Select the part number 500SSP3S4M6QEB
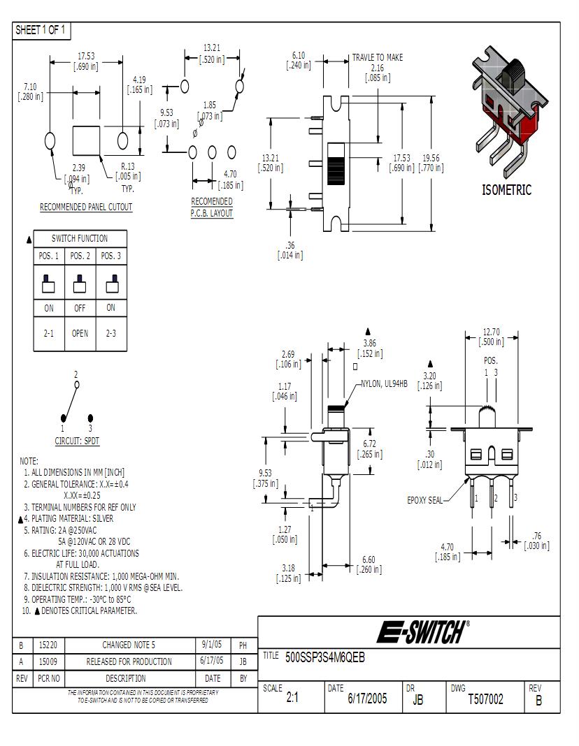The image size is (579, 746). [325, 657]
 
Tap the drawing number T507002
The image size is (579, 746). [485, 699]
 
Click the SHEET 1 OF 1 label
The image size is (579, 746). [41, 29]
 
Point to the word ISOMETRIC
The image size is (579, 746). [506, 190]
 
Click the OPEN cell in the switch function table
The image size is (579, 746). [80, 333]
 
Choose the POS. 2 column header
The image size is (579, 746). [80, 256]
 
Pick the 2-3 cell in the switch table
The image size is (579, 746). [111, 333]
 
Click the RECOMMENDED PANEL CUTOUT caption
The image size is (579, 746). [86, 207]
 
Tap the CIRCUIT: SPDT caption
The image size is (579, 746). [76, 441]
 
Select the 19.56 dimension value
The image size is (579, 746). [431, 158]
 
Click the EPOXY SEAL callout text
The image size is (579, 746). [424, 500]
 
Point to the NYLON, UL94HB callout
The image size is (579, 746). [384, 383]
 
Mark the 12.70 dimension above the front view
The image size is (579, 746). [491, 332]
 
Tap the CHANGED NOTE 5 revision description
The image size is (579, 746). [129, 645]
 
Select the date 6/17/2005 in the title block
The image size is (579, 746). [367, 699]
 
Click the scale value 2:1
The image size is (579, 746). [292, 699]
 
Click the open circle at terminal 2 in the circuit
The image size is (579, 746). [77, 384]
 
